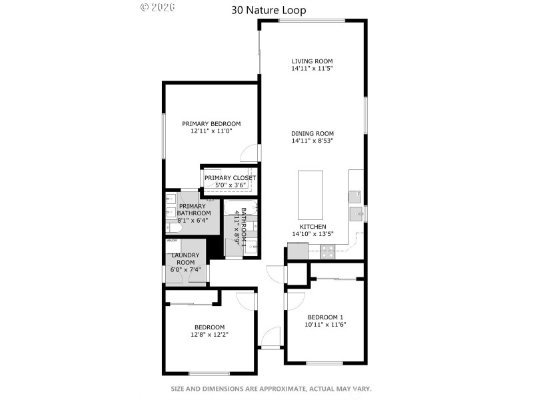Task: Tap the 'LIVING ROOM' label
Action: pyautogui.click(x=312, y=61)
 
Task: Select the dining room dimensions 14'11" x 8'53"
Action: pyautogui.click(x=312, y=141)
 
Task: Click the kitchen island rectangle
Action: pyautogui.click(x=310, y=195)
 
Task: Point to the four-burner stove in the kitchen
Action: pyautogui.click(x=328, y=252)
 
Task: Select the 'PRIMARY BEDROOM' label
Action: pyautogui.click(x=211, y=124)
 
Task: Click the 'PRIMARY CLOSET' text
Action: pyautogui.click(x=230, y=178)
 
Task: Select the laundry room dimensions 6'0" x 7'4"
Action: pyautogui.click(x=186, y=269)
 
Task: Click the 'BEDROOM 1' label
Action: pyautogui.click(x=325, y=317)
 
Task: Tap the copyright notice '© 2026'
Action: pyautogui.click(x=157, y=7)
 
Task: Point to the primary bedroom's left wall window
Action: pyautogui.click(x=163, y=136)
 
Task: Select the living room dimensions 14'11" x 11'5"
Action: pyautogui.click(x=312, y=69)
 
